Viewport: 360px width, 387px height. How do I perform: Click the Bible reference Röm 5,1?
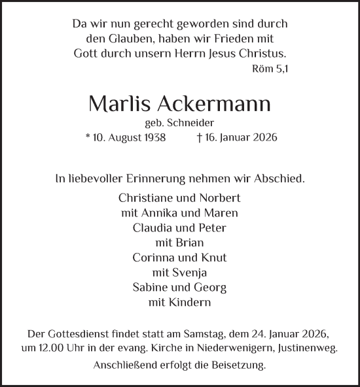pyautogui.click(x=270, y=68)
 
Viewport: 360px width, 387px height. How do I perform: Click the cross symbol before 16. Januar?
pyautogui.click(x=199, y=138)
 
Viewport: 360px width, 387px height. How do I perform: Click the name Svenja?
pyautogui.click(x=192, y=273)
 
